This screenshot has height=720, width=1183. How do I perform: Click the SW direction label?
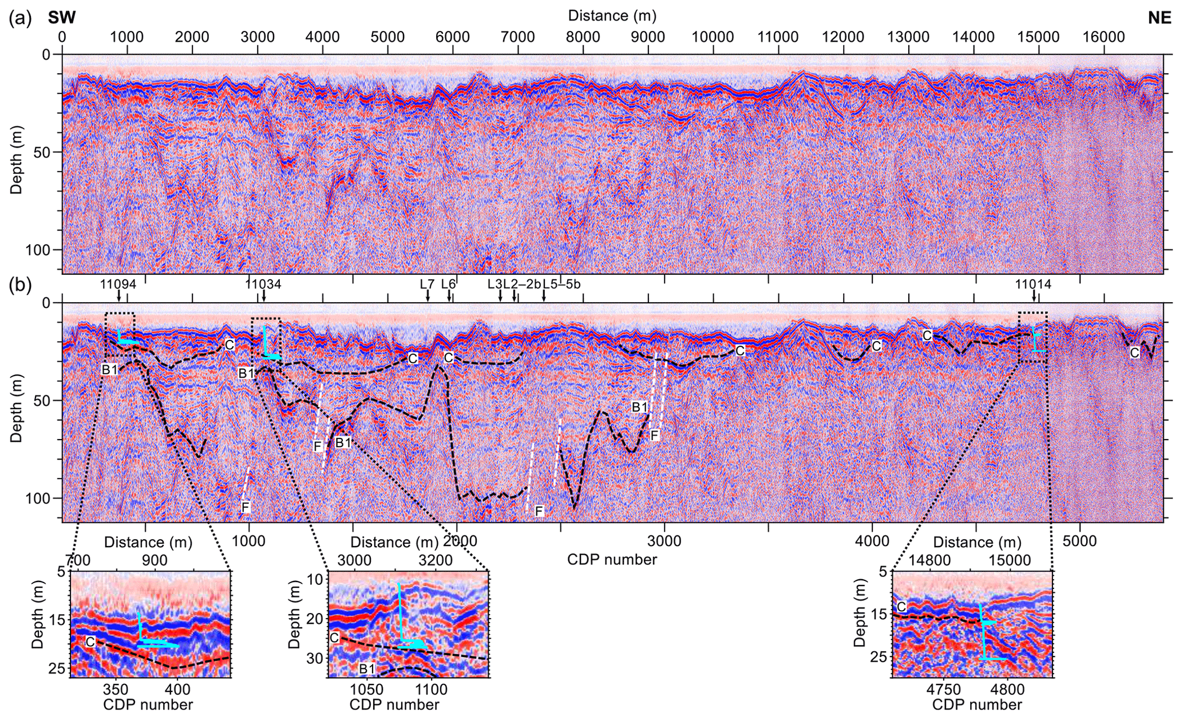62,18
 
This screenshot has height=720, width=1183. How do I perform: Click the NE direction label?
1160,18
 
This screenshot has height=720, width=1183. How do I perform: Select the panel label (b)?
19,285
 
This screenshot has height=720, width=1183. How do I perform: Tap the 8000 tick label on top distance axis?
583,37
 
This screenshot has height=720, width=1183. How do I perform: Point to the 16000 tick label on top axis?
1103,37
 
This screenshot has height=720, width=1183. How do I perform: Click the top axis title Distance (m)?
612,15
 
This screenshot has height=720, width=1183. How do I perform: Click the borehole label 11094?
118,284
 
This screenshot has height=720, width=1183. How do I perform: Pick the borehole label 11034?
263,284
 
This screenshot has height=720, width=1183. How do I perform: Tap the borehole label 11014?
1033,284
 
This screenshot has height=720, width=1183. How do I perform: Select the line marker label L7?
427,284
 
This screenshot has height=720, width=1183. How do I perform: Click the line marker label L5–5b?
561,284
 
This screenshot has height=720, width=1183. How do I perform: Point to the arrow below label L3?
500,295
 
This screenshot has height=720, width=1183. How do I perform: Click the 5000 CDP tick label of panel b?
1079,541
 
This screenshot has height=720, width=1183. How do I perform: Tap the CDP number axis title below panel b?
612,559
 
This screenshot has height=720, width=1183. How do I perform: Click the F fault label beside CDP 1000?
246,507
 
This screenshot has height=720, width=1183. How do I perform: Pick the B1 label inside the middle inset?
367,668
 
